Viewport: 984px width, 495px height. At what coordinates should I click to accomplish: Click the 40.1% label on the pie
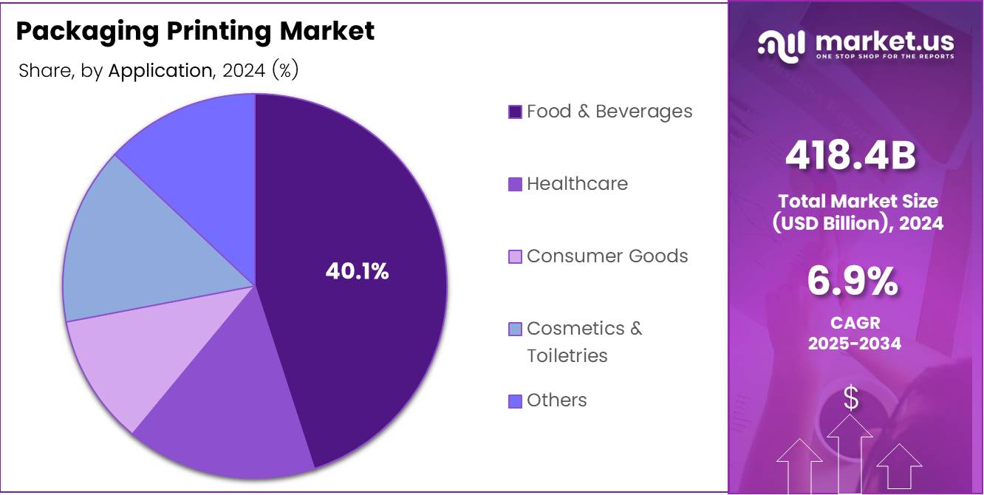tap(357, 271)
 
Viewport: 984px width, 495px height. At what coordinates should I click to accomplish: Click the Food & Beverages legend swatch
tap(515, 112)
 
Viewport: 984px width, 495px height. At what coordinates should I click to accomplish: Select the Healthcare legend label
tap(577, 184)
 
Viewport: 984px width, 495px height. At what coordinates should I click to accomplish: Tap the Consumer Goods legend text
tap(607, 256)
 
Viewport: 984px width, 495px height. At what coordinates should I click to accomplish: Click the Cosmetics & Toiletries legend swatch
tap(515, 330)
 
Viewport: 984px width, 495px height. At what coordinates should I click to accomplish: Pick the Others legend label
tap(556, 400)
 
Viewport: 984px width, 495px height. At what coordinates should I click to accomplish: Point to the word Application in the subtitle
tap(160, 71)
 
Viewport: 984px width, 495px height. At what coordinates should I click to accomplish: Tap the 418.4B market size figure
tap(850, 156)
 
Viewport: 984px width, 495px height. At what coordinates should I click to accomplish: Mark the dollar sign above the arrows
tap(851, 398)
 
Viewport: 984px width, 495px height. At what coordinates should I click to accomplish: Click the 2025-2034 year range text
tap(855, 343)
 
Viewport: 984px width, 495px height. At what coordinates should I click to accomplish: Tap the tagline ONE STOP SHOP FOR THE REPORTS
tap(885, 57)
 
